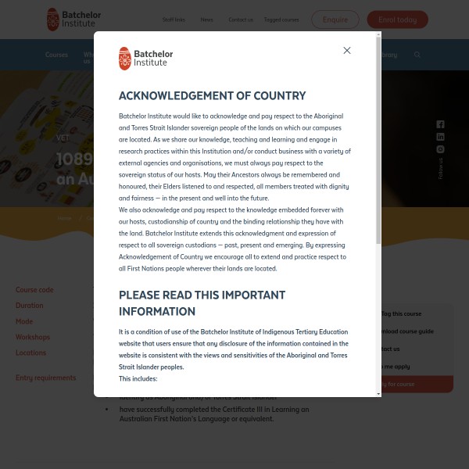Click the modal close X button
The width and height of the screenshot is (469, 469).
point(347,50)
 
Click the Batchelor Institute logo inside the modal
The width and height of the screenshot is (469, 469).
point(146,59)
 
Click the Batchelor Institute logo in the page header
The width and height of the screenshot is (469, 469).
point(73,19)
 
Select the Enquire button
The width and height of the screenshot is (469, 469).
point(335,20)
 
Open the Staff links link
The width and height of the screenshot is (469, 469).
point(174,20)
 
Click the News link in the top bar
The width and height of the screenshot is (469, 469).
point(206,20)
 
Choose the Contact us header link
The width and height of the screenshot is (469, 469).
point(241,20)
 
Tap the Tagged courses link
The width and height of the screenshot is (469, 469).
point(281,20)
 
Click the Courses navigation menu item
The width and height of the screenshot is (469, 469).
point(56,55)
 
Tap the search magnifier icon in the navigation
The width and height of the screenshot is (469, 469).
point(417,55)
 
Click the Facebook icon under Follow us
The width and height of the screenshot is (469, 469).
point(440,124)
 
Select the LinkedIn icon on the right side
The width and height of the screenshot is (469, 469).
point(440,137)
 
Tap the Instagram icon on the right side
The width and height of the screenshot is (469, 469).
point(440,149)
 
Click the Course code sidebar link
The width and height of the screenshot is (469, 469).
point(34,290)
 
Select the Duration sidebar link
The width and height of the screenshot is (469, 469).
point(30,306)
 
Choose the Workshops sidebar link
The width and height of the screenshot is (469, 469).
point(33,337)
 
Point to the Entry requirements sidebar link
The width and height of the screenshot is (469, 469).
point(45,378)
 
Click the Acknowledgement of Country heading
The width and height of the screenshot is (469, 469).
point(212,96)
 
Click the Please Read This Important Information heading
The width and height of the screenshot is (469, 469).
point(202,303)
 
